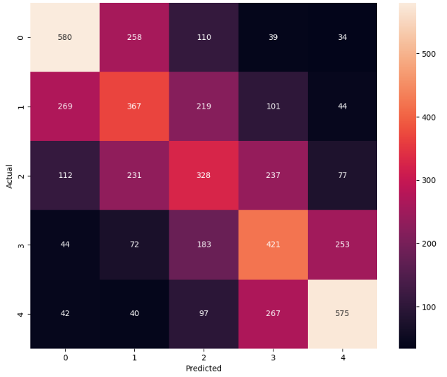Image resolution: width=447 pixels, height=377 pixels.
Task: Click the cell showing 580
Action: [65, 37]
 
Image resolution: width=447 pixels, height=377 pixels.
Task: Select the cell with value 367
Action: [134, 107]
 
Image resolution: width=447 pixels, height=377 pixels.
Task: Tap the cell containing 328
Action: [204, 176]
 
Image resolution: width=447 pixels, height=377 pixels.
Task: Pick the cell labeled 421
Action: [273, 245]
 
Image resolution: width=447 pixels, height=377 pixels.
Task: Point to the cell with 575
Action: [342, 314]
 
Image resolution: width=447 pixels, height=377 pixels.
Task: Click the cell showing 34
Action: [342, 37]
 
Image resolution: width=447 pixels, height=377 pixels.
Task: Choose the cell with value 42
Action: [65, 314]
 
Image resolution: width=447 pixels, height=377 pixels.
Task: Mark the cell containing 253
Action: [342, 245]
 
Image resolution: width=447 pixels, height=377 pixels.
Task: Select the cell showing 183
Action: [204, 245]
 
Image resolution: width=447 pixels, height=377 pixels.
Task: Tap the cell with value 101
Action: [273, 107]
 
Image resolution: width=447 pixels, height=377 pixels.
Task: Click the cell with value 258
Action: [134, 37]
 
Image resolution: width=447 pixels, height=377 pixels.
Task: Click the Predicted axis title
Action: [204, 369]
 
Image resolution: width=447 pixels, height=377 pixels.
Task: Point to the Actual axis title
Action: [10, 176]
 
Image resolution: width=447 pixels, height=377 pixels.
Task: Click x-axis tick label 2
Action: [204, 357]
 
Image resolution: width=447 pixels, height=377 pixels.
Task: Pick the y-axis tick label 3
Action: [21, 245]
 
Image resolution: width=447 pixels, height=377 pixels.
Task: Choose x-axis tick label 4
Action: [342, 357]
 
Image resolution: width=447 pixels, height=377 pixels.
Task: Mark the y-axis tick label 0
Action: [21, 37]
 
